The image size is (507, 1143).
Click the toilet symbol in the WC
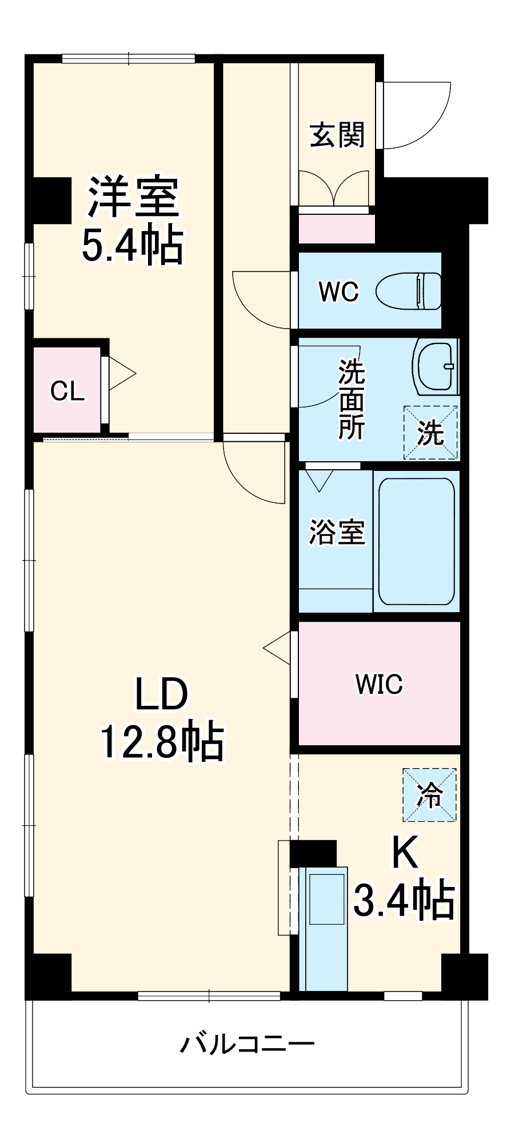(x=409, y=291)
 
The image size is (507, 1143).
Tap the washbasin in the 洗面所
(x=436, y=366)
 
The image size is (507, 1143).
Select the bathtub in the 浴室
(x=416, y=541)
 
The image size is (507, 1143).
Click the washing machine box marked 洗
(x=430, y=433)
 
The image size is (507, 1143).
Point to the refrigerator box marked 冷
(x=429, y=795)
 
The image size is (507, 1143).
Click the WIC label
(x=379, y=684)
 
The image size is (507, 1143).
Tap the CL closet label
(x=67, y=391)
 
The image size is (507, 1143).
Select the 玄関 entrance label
(x=337, y=135)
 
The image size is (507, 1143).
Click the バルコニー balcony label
(x=247, y=1044)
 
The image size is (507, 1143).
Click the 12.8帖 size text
(x=162, y=741)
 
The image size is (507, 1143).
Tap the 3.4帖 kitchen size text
(x=404, y=901)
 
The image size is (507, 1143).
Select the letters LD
(x=161, y=694)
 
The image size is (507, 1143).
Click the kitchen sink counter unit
(x=324, y=929)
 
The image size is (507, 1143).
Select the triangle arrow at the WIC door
(x=278, y=648)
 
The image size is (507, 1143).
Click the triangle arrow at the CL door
(x=121, y=374)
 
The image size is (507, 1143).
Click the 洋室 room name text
(x=133, y=197)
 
